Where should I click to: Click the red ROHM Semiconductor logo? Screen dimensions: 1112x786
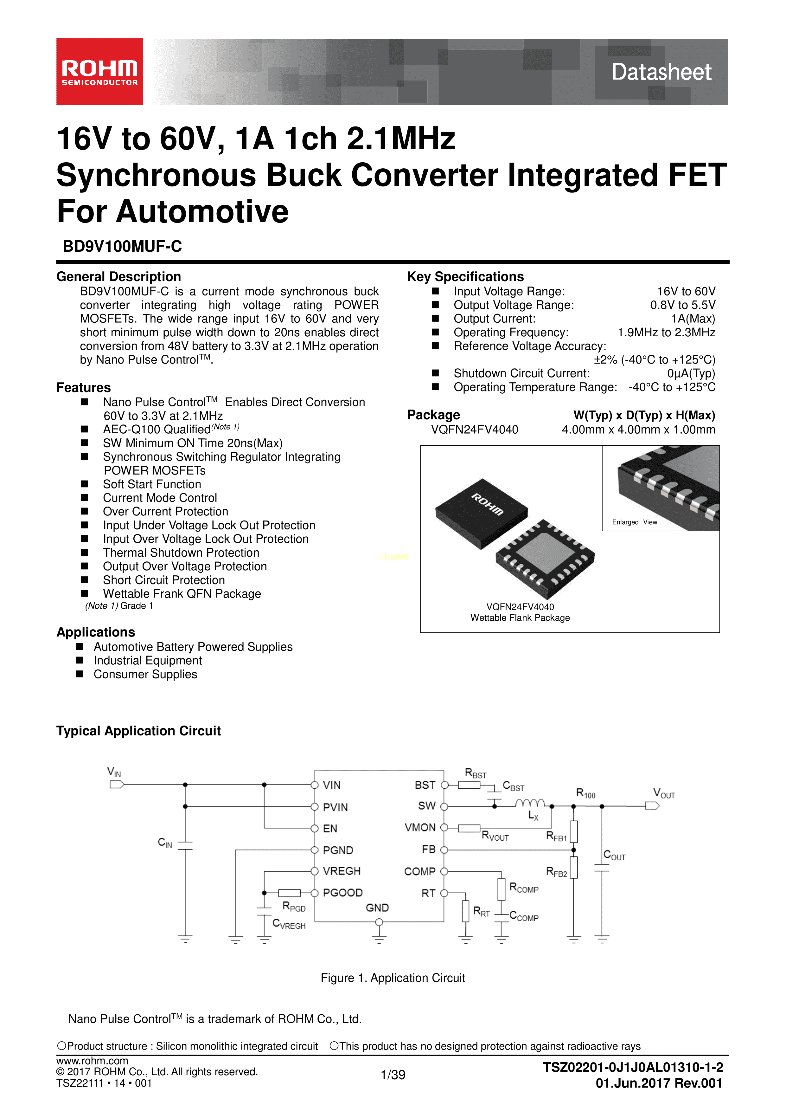tap(100, 72)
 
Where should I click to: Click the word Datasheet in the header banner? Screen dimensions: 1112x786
tap(661, 72)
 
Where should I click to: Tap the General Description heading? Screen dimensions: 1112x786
tap(118, 276)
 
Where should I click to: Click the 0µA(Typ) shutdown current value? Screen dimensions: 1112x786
tap(691, 373)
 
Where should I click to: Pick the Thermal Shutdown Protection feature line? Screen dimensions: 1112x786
tap(181, 553)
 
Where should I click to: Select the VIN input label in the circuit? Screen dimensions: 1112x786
tap(114, 772)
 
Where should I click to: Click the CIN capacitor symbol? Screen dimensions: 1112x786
tap(185, 845)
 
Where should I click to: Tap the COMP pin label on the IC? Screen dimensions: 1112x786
tap(420, 871)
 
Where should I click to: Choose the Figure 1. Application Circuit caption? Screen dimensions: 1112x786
tap(393, 978)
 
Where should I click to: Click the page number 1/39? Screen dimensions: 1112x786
tap(393, 1075)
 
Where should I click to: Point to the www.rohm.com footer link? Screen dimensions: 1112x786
tap(92, 1061)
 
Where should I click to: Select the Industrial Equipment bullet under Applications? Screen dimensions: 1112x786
tap(148, 661)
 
